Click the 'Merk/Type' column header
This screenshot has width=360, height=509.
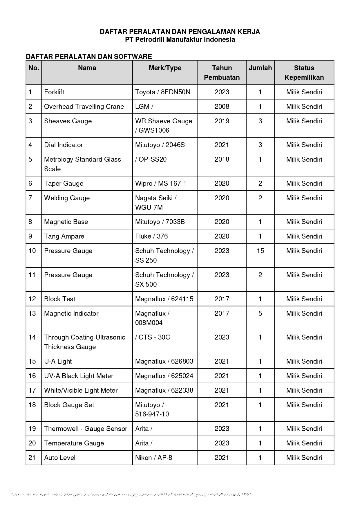165,68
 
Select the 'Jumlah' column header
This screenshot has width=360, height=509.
260,68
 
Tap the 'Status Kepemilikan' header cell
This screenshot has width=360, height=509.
304,73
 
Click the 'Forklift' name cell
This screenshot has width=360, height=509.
54,92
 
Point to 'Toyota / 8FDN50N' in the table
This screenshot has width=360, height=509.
163,92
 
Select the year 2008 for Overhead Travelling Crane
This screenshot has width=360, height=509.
222,107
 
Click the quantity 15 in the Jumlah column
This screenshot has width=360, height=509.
260,251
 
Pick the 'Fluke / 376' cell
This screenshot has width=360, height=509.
151,237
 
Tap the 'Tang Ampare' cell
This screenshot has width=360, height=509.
64,237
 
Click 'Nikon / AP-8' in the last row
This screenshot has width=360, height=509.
153,458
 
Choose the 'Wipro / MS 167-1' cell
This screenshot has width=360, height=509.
161,184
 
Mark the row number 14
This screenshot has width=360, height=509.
32,337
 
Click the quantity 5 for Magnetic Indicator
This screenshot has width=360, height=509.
260,314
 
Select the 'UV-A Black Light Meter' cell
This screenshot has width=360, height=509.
79,376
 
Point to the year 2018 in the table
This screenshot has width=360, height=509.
222,160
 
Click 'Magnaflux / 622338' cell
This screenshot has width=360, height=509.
164,391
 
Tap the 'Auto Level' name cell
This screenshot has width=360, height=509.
60,458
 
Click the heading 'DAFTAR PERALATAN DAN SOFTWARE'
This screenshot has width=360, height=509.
89,57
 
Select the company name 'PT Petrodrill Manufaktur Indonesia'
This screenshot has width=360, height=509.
180,40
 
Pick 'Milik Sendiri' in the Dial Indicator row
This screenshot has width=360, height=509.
304,145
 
